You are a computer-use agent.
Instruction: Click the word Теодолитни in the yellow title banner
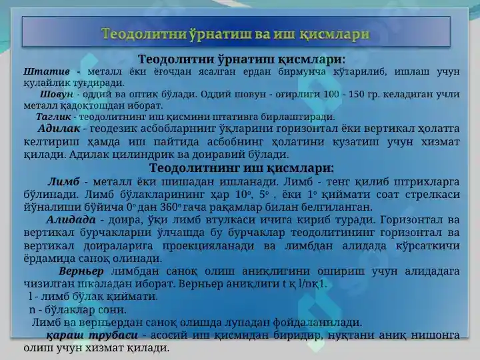(x=144, y=33)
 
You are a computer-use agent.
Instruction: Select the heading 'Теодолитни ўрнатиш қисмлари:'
(x=241, y=59)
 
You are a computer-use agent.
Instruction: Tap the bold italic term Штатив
(x=47, y=71)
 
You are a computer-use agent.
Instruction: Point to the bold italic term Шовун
(x=57, y=94)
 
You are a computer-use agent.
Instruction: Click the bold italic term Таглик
(x=53, y=117)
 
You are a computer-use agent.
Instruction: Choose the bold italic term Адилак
(x=59, y=128)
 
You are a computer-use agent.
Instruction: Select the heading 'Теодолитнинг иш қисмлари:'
(x=241, y=168)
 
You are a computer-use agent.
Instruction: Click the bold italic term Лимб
(x=64, y=181)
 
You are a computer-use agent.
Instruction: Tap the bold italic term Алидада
(x=71, y=219)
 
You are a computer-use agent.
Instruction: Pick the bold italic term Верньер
(x=81, y=271)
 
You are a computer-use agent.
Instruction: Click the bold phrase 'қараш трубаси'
(x=92, y=335)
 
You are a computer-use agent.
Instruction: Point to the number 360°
(x=169, y=207)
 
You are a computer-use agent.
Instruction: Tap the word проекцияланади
(x=208, y=245)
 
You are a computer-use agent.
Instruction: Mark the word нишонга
(x=435, y=335)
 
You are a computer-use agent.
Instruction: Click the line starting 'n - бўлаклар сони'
(x=78, y=310)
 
